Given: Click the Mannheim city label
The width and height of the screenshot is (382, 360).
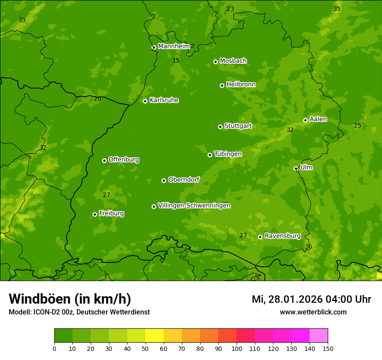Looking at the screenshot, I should tap(174, 46).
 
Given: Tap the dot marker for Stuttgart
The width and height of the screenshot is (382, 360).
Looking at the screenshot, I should tap(220, 127).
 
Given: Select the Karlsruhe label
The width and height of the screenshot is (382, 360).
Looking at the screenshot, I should tap(164, 100).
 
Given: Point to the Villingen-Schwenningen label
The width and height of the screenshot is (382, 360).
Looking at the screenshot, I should tap(194, 206).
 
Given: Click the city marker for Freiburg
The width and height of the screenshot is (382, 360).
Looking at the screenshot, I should tap(95, 214).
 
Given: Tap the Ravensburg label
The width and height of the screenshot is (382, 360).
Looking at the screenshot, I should tap(282, 236).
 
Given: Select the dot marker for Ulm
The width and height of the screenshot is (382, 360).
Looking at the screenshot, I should tap(296, 168).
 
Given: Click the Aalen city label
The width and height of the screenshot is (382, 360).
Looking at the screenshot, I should tap(318, 119).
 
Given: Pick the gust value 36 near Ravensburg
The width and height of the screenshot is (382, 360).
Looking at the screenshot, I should tap(309, 246).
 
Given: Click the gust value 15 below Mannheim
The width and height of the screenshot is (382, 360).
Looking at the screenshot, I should tap(176, 60).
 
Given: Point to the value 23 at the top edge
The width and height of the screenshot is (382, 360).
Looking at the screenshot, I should tap(230, 9).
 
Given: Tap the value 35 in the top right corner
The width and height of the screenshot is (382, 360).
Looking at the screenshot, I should tap(337, 9).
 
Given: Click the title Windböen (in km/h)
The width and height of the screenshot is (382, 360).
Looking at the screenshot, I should tap(70, 299).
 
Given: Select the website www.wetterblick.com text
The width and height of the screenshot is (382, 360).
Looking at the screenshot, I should tap(313, 312).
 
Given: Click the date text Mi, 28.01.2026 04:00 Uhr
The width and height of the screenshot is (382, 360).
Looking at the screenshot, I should tap(311, 299).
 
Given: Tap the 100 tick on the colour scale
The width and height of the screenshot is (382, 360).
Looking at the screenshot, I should tap(237, 348).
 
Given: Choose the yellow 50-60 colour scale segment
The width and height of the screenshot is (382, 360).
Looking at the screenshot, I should tap(155, 336).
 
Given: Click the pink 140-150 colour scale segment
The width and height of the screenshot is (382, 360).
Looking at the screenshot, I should tap(319, 336).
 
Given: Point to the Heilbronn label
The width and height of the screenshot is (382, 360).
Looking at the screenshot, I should tap(241, 85).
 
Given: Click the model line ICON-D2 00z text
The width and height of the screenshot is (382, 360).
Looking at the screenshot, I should tap(79, 312).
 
